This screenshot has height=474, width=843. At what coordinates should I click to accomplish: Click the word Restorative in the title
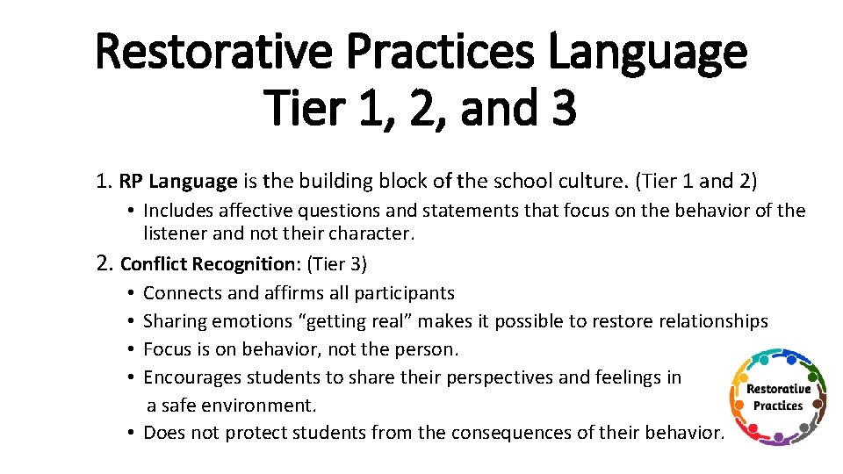pyautogui.click(x=214, y=51)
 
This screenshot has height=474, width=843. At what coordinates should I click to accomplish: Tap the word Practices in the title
pyautogui.click(x=441, y=51)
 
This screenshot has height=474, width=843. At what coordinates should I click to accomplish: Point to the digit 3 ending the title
pyautogui.click(x=562, y=107)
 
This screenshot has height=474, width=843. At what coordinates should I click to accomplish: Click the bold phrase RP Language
pyautogui.click(x=178, y=182)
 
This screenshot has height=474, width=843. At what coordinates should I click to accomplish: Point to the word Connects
pyautogui.click(x=181, y=293)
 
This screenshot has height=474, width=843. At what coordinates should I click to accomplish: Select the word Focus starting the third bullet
pyautogui.click(x=167, y=349)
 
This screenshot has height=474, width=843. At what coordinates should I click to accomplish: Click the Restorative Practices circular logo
pyautogui.click(x=778, y=396)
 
